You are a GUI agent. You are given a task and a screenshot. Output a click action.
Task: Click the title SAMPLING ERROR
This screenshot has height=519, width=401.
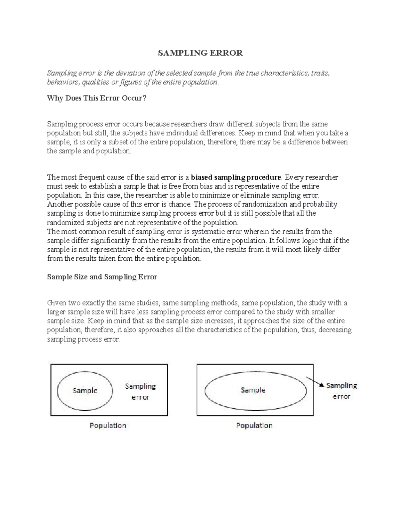coord(200,53)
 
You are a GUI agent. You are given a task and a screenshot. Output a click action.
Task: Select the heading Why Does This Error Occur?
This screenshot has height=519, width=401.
coord(97,99)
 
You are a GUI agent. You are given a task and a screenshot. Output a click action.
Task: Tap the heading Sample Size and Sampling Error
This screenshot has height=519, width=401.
coord(102,277)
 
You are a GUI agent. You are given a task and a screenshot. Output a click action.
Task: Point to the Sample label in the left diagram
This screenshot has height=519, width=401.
coord(85,390)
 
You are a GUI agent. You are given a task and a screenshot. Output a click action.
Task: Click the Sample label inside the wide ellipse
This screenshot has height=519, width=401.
coord(253,390)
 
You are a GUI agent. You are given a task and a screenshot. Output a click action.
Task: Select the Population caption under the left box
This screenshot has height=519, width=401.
coord(108,425)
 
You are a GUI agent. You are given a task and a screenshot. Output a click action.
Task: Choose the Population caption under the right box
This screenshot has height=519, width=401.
coord(254,425)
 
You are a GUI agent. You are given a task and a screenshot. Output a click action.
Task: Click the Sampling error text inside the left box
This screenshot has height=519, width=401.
coord(140,391)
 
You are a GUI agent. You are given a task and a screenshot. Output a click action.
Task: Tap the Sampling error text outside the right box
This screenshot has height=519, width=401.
coord(342,391)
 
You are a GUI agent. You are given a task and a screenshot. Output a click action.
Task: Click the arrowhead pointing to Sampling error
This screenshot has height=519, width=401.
coord(321,385)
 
